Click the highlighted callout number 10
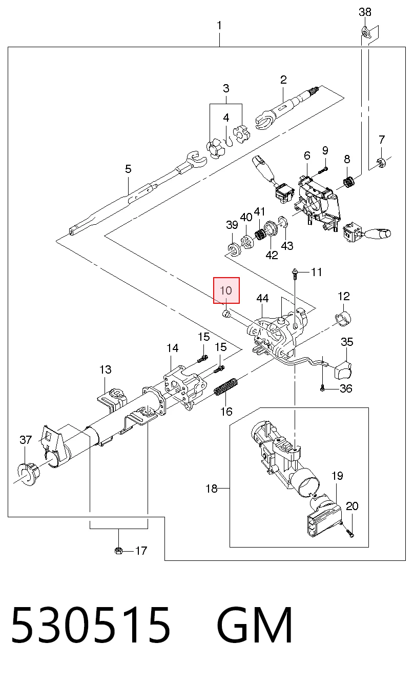226,290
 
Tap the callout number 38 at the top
365,12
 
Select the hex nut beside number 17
119,551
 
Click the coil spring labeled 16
225,386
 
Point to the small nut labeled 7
381,162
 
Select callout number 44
262,298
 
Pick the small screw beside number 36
322,388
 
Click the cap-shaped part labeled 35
342,370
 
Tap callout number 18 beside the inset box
212,489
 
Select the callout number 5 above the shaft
128,169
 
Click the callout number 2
283,80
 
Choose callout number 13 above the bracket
106,369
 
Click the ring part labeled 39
234,250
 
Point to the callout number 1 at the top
219,26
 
